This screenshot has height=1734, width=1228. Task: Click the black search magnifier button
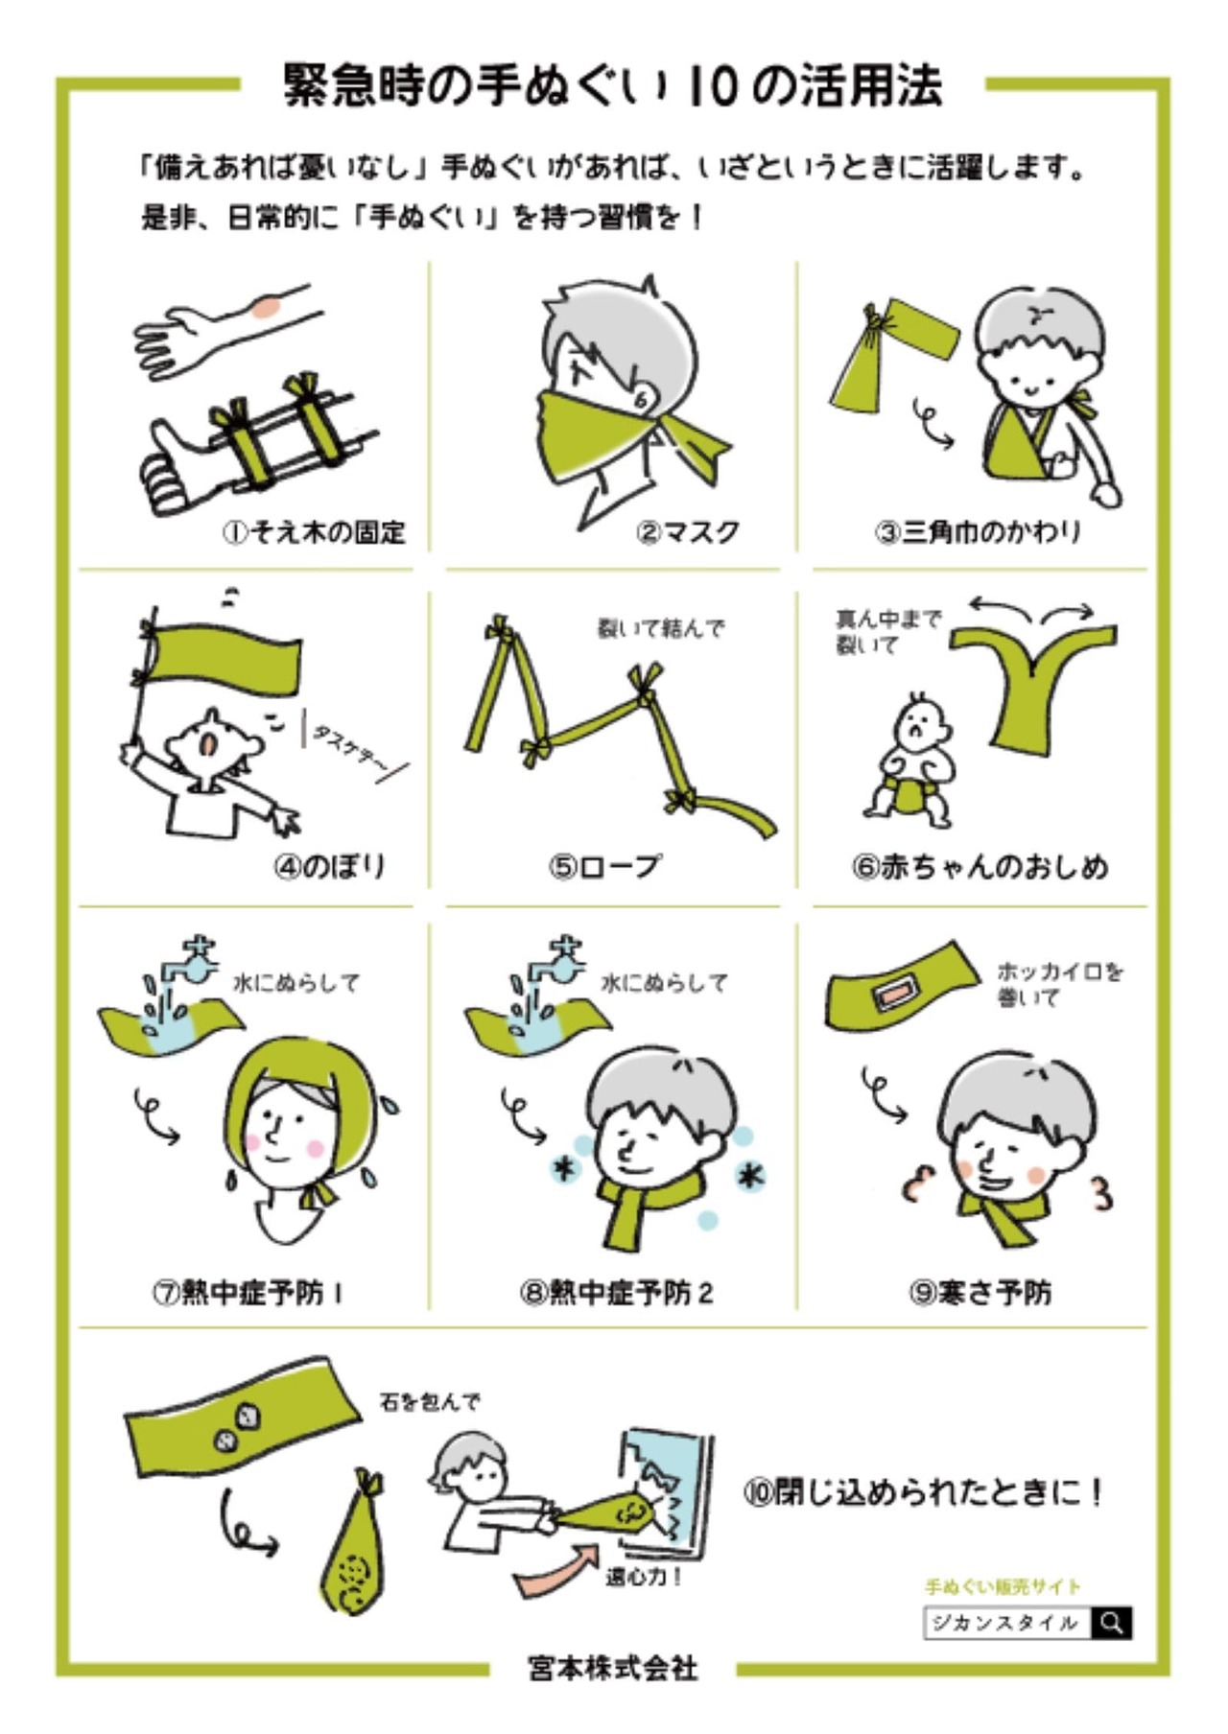click(x=1112, y=1622)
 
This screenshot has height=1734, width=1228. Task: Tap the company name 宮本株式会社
click(x=613, y=1668)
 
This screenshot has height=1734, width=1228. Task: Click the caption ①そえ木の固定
click(x=314, y=531)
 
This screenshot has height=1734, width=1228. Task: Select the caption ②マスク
click(x=688, y=531)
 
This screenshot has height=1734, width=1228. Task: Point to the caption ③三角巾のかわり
click(x=978, y=531)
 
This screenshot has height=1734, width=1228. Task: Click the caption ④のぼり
click(x=330, y=866)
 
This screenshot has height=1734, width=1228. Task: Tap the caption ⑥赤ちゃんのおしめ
click(x=980, y=866)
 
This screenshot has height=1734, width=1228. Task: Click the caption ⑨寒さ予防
click(x=980, y=1293)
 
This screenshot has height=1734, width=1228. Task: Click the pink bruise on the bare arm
click(x=266, y=307)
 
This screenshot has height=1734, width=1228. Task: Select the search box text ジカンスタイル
click(x=1004, y=1623)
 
